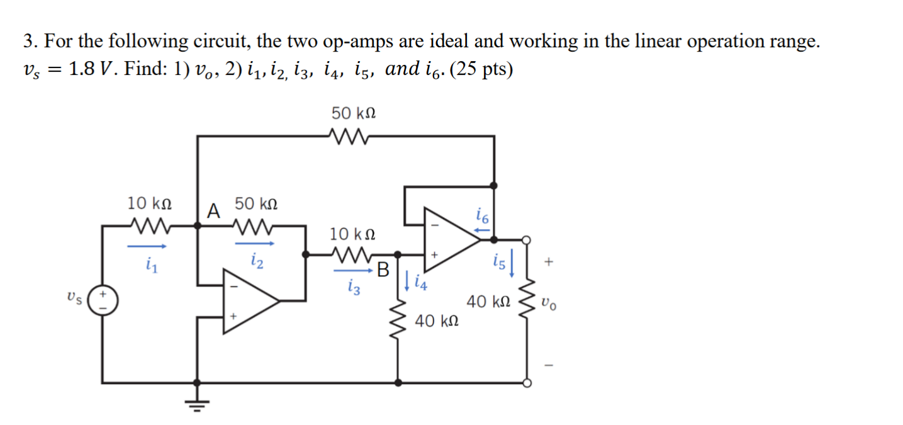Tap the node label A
214,211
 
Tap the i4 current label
420,283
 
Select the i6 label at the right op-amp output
482,218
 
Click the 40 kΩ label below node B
436,322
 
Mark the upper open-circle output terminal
527,239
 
